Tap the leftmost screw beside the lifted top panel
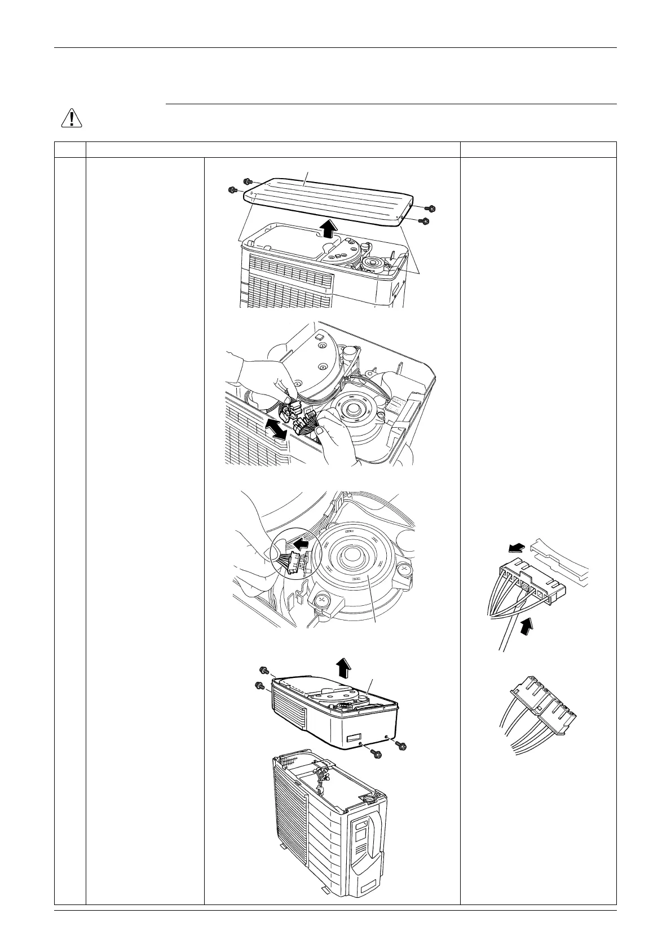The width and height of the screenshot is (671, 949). [231, 190]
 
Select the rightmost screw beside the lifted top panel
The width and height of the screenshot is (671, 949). [432, 209]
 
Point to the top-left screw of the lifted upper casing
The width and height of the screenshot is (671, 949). [262, 669]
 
